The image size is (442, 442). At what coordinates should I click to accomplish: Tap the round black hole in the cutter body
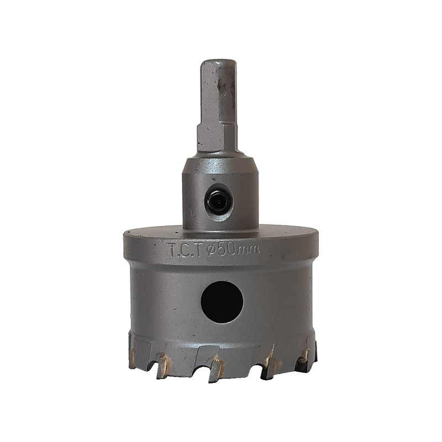coord(222,302)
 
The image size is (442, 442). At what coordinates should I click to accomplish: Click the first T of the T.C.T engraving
coord(172,250)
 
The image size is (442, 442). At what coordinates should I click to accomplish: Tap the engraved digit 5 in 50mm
coord(223,248)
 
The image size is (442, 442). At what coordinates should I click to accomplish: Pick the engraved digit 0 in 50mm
coord(233,249)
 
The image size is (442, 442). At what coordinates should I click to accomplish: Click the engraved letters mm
coord(249,250)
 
